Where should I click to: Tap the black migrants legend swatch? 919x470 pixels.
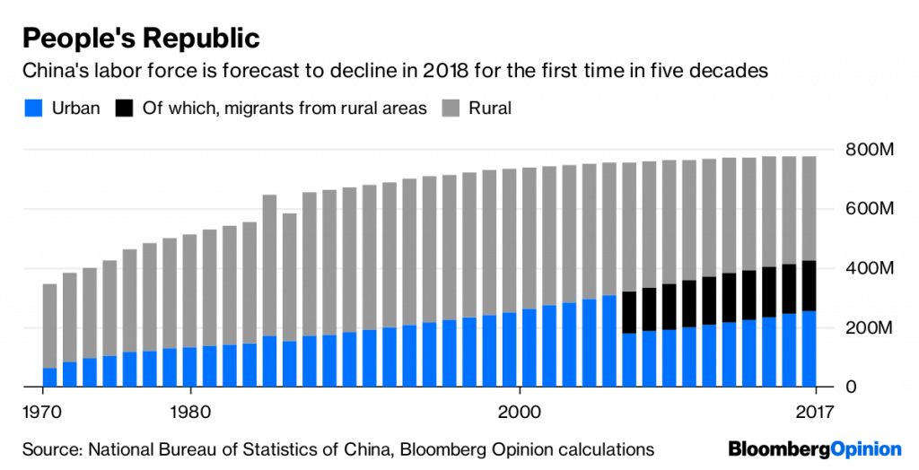[123, 109]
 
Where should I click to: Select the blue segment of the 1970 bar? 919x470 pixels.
[49, 378]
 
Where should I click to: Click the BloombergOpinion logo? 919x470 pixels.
[813, 447]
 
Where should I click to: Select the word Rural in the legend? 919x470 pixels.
[490, 109]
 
